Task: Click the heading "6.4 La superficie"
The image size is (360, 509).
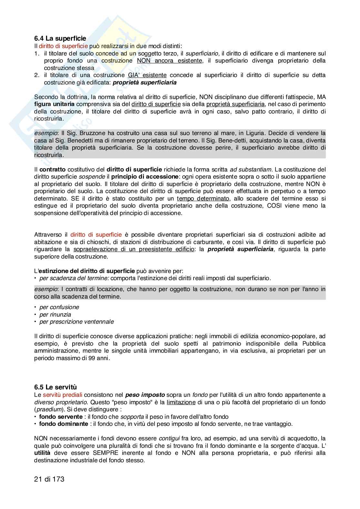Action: click(60, 39)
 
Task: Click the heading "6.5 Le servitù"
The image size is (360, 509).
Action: click(55, 387)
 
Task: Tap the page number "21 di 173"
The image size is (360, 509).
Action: click(49, 479)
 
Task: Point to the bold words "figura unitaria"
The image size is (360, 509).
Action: click(54, 104)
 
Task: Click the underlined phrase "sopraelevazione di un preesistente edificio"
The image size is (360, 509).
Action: click(134, 249)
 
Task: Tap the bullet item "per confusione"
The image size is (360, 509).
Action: click(59, 307)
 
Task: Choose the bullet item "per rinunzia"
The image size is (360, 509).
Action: click(55, 315)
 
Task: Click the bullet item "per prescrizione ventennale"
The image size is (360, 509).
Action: click(76, 322)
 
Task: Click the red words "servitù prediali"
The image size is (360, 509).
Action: click(63, 395)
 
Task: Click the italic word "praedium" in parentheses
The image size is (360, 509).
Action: click(46, 409)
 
